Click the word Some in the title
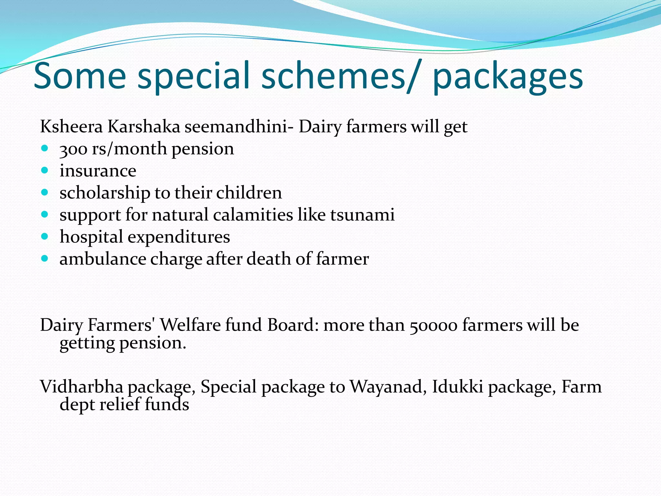point(80,76)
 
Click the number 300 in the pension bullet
point(73,149)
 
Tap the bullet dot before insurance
point(45,170)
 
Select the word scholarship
point(105,193)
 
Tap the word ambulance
point(103,259)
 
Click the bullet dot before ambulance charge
point(45,259)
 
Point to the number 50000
point(433,325)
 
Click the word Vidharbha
point(82,387)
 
